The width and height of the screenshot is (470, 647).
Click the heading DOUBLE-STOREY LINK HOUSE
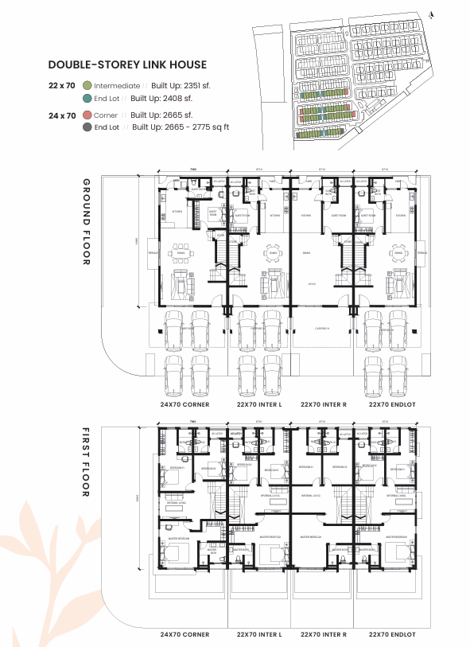click(x=127, y=64)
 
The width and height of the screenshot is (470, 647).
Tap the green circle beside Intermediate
click(x=87, y=85)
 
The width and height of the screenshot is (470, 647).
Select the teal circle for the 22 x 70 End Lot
click(x=87, y=98)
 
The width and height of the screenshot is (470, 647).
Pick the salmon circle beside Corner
click(x=87, y=115)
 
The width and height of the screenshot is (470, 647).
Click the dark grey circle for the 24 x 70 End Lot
click(x=87, y=127)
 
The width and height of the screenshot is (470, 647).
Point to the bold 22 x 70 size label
click(x=62, y=85)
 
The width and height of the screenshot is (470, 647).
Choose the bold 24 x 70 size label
click(x=62, y=115)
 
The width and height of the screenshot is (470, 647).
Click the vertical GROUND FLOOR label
click(x=87, y=222)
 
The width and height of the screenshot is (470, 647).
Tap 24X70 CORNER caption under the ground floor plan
click(x=185, y=405)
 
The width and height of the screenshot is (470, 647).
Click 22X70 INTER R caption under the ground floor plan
click(x=324, y=405)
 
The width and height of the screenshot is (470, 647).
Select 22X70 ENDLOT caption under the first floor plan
click(x=388, y=634)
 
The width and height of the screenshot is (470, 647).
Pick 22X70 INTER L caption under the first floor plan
click(x=259, y=634)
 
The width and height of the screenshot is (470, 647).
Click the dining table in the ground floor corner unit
click(x=181, y=252)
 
